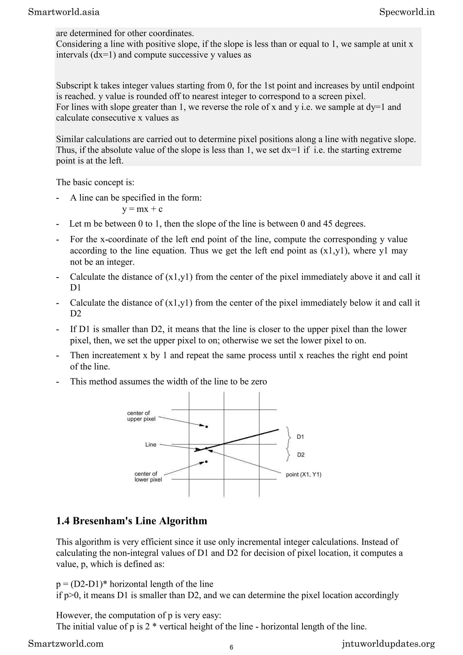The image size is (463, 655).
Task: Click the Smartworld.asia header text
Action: pos(64,12)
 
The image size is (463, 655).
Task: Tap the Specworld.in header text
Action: pos(407,12)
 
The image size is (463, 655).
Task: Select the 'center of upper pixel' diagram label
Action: pos(141,416)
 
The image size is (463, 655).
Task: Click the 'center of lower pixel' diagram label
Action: pos(148,476)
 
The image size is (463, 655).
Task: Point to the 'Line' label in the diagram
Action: pos(151,444)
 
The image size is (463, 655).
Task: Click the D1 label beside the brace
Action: pos(300,437)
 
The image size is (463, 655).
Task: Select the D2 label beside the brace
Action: pos(301,455)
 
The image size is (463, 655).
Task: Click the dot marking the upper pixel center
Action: pos(207,427)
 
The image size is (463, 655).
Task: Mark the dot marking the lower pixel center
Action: pos(206,462)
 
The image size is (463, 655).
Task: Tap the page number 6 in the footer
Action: pos(231,647)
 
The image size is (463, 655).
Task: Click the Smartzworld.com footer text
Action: pos(66,644)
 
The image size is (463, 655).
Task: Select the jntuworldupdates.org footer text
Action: pos(388,644)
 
